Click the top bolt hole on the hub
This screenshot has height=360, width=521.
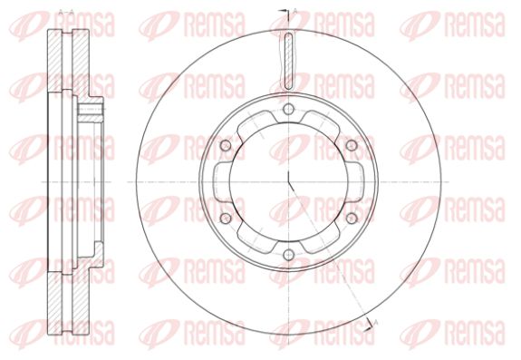(289, 109)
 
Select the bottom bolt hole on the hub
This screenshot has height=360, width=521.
(289, 255)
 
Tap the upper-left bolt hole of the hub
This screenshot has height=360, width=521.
(226, 145)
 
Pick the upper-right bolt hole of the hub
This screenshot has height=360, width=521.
(352, 145)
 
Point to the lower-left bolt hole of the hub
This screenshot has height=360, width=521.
(226, 219)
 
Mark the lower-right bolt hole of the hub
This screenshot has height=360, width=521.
(352, 219)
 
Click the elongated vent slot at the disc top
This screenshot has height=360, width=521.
(289, 61)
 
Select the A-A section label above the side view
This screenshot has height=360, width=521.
(66, 13)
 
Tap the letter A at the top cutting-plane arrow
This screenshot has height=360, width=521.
(295, 12)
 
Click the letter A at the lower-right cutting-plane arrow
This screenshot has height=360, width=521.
(376, 322)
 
